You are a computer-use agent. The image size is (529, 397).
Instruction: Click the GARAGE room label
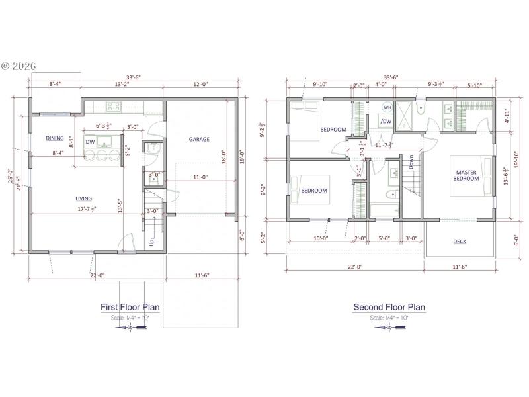(199, 139)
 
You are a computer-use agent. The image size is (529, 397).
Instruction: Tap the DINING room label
(55, 138)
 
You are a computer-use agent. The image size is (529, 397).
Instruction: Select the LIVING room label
(83, 198)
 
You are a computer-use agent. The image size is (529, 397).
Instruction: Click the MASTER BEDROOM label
(466, 176)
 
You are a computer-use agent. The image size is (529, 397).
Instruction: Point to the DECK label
(460, 242)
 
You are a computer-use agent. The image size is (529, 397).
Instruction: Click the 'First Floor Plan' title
(130, 307)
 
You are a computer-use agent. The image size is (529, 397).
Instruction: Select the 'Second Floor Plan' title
(389, 307)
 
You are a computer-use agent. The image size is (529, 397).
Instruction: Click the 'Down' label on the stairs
(411, 163)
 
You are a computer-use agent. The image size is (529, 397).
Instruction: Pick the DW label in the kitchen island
(91, 142)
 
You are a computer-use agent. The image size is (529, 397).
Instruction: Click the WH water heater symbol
(387, 107)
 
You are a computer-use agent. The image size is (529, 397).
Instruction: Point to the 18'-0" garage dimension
(224, 155)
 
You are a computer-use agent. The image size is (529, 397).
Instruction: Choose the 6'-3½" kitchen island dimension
(104, 125)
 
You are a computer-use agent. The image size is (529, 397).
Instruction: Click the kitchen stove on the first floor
(113, 105)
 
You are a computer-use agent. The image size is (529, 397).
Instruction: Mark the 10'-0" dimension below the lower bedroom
(321, 238)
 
